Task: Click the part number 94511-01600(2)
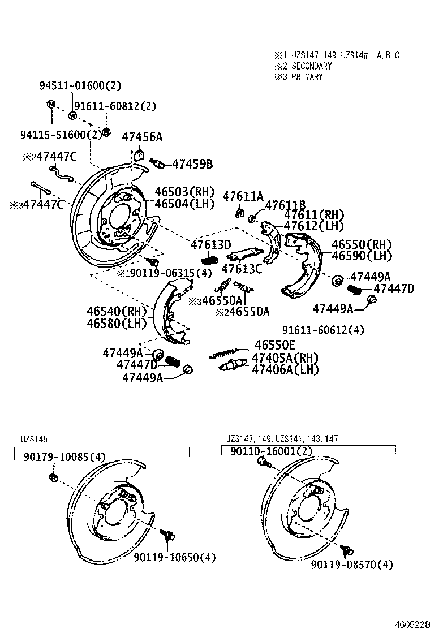pos(80,86)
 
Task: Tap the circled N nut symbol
pos(50,104)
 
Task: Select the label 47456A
pos(142,137)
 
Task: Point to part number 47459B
pos(192,164)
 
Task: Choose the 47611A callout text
pos(243,196)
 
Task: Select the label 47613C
pos(242,269)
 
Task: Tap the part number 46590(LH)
pos(362,256)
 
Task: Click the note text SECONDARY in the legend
pos(312,66)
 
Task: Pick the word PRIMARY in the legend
pos(307,77)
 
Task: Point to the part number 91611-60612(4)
pos(323,330)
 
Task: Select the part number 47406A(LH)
pos(285,369)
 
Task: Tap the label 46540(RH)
pos(117,311)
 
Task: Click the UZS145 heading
pos(35,438)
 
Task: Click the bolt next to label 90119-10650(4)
pos(168,534)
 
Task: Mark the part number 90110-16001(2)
pos(271,451)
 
